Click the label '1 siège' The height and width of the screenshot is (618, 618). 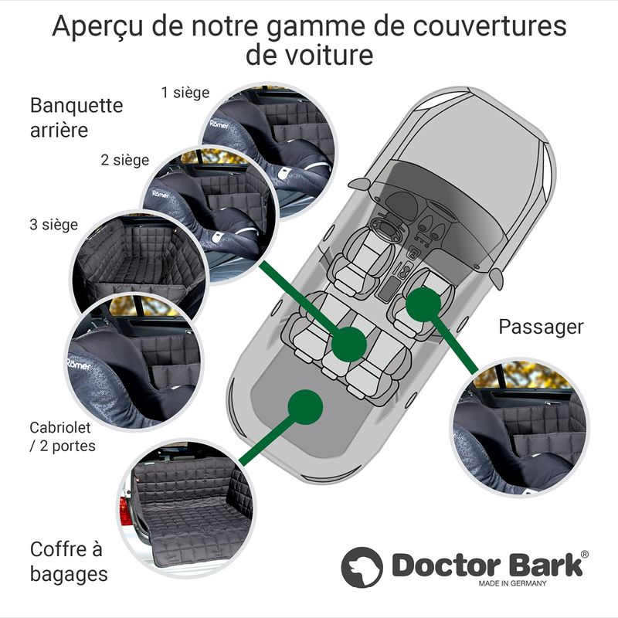(185, 93)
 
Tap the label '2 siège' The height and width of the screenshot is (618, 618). (125, 161)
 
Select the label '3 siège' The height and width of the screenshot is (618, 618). (53, 225)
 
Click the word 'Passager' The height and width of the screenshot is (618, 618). (541, 328)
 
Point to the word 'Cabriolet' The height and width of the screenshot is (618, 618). (60, 427)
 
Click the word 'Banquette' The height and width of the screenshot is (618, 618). (76, 106)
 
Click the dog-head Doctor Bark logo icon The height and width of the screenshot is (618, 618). (362, 567)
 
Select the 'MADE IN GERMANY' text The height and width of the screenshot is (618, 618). (512, 584)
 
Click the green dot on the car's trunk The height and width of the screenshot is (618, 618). (305, 407)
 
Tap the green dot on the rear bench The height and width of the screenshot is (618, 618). (349, 344)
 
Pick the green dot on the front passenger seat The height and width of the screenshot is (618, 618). (423, 304)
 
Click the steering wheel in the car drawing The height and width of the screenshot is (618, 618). (386, 229)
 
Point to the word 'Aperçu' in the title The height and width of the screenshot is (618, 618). (98, 27)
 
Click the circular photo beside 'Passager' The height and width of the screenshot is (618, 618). (520, 428)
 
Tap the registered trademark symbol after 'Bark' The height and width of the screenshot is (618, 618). (585, 554)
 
